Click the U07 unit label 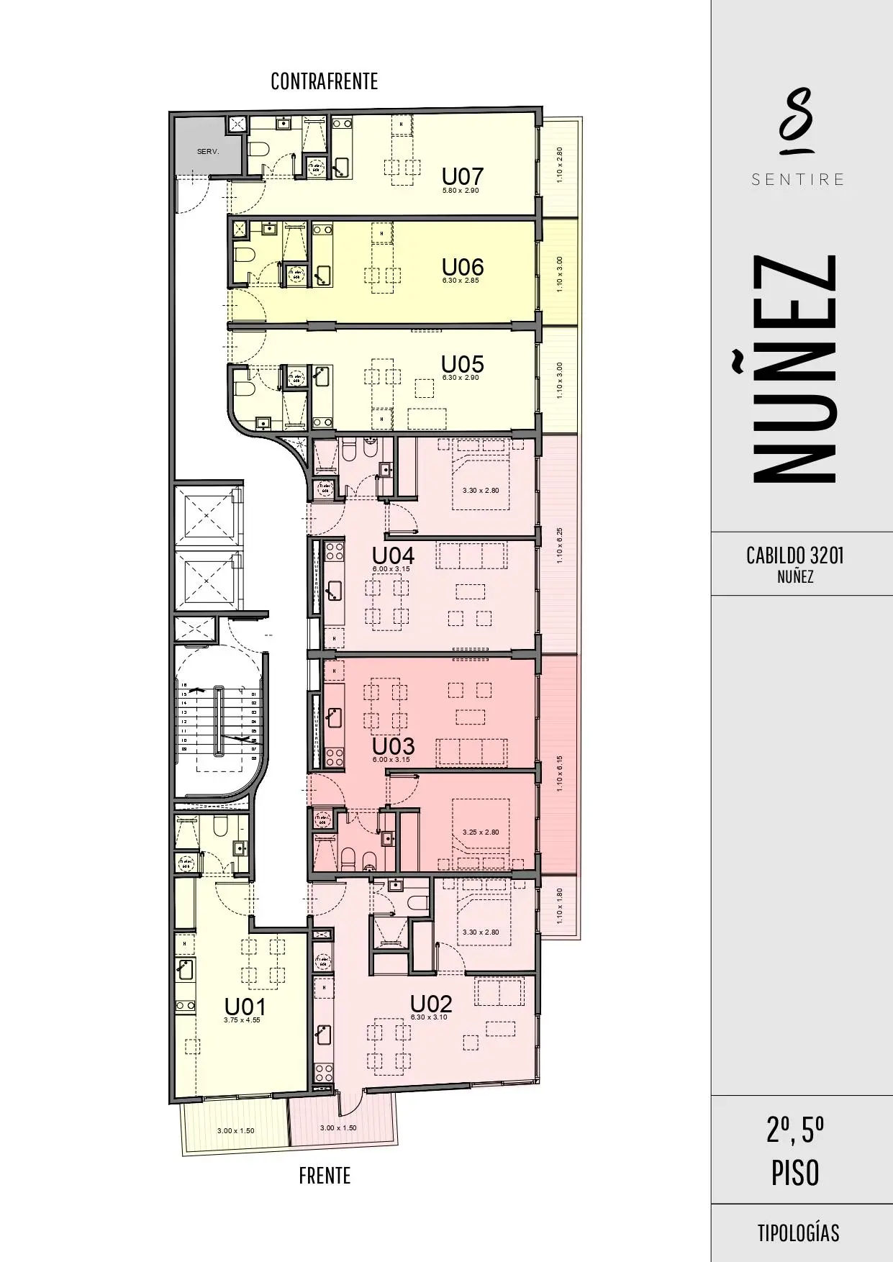pyautogui.click(x=462, y=176)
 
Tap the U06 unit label pyautogui.click(x=462, y=267)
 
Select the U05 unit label pyautogui.click(x=462, y=364)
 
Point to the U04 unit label pyautogui.click(x=393, y=556)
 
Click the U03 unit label pyautogui.click(x=393, y=746)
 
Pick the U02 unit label pyautogui.click(x=431, y=1004)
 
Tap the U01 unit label pyautogui.click(x=245, y=1007)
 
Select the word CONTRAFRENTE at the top pyautogui.click(x=324, y=81)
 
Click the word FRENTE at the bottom pyautogui.click(x=325, y=1176)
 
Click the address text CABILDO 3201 pyautogui.click(x=794, y=555)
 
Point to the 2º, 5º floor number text pyautogui.click(x=795, y=1132)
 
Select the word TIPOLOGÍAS pyautogui.click(x=797, y=1233)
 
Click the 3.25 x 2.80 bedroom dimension pyautogui.click(x=481, y=832)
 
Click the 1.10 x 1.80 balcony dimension pyautogui.click(x=560, y=907)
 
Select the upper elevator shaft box pyautogui.click(x=207, y=515)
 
